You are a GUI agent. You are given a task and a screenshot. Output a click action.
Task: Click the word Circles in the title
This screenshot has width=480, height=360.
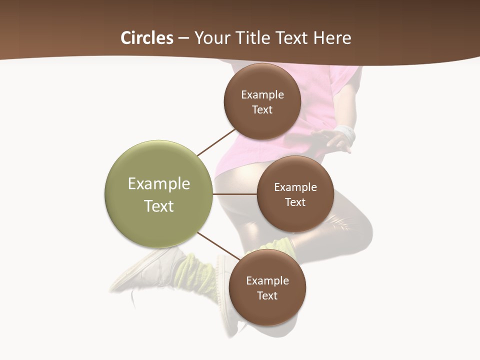[147, 38]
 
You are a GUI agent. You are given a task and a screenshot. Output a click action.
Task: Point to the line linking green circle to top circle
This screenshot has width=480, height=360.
[216, 142]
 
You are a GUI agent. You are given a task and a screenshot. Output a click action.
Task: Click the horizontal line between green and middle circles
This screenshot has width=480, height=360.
[235, 194]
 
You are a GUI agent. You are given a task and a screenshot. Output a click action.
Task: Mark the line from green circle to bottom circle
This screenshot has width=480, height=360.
[218, 246]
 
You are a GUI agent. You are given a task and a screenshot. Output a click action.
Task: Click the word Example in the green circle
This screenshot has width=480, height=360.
[159, 184]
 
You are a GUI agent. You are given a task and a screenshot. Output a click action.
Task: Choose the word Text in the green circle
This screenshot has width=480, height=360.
[159, 206]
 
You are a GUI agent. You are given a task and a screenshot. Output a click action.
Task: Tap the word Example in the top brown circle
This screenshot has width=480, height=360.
[262, 95]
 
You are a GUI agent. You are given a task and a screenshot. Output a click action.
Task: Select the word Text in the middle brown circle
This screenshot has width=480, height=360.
[295, 202]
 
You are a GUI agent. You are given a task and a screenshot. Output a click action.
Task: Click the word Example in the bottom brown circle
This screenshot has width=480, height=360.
[267, 281]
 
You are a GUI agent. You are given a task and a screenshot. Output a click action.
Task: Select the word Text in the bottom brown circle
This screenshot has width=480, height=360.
[267, 296]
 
